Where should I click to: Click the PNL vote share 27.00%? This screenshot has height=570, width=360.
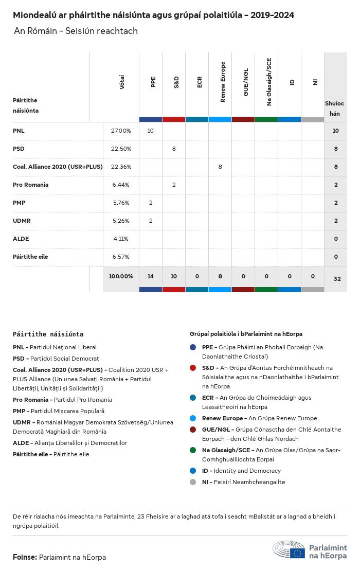[x=121, y=131]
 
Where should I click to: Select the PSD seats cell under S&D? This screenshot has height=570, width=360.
[x=174, y=149]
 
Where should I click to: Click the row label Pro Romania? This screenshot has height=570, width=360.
[x=30, y=185]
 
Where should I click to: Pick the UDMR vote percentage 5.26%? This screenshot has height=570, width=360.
[x=121, y=221]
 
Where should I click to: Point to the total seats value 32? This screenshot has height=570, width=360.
[x=337, y=279]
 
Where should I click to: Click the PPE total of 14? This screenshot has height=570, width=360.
[x=151, y=276]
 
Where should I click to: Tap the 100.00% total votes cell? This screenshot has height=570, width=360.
[x=121, y=276]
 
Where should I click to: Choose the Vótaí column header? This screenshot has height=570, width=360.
[x=122, y=83]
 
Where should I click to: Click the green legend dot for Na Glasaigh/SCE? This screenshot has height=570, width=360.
[x=193, y=450]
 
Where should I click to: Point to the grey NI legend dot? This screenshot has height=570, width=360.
[x=193, y=482]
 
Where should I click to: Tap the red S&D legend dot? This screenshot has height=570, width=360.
[x=193, y=368]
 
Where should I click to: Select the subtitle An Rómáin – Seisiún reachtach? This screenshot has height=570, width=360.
[x=76, y=31]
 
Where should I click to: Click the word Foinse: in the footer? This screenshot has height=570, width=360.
[x=25, y=557]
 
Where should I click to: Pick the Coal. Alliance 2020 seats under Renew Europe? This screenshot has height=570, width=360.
[x=220, y=167]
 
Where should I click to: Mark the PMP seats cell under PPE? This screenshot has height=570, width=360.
[x=151, y=203]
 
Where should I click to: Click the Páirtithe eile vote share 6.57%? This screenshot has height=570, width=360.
[x=121, y=257]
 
